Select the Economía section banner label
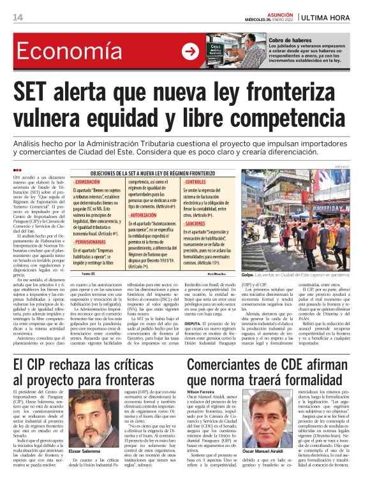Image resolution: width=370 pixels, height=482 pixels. point(59,50)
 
